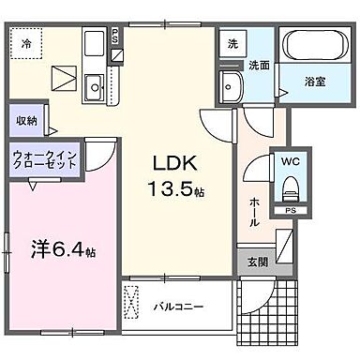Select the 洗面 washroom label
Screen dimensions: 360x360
[259, 67]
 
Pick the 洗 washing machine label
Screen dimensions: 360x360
[232, 44]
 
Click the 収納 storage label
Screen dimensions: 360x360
[26, 120]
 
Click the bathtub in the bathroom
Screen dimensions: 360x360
[310, 47]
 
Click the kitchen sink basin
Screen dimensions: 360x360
[95, 89]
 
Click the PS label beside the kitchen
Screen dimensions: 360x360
[115, 37]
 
